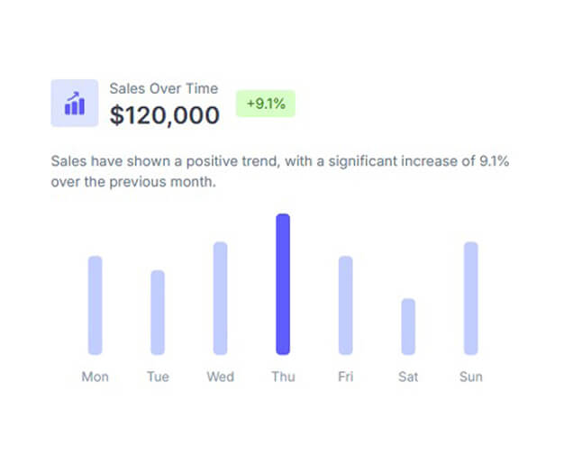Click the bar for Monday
tap(95, 305)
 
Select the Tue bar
tap(158, 312)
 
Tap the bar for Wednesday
tap(220, 298)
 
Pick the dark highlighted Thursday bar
tap(283, 284)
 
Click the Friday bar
tap(345, 305)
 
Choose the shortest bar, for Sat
tap(408, 326)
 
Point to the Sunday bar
tap(470, 298)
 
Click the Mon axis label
tap(95, 377)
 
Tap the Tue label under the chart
tap(158, 377)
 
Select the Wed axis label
tap(220, 377)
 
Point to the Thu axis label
tap(283, 377)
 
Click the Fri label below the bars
tap(345, 377)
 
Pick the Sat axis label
tap(408, 377)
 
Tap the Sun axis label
tap(470, 377)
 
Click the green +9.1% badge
tap(265, 104)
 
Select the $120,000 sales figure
tap(165, 115)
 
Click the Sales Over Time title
tap(163, 88)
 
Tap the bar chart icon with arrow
tap(75, 104)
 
